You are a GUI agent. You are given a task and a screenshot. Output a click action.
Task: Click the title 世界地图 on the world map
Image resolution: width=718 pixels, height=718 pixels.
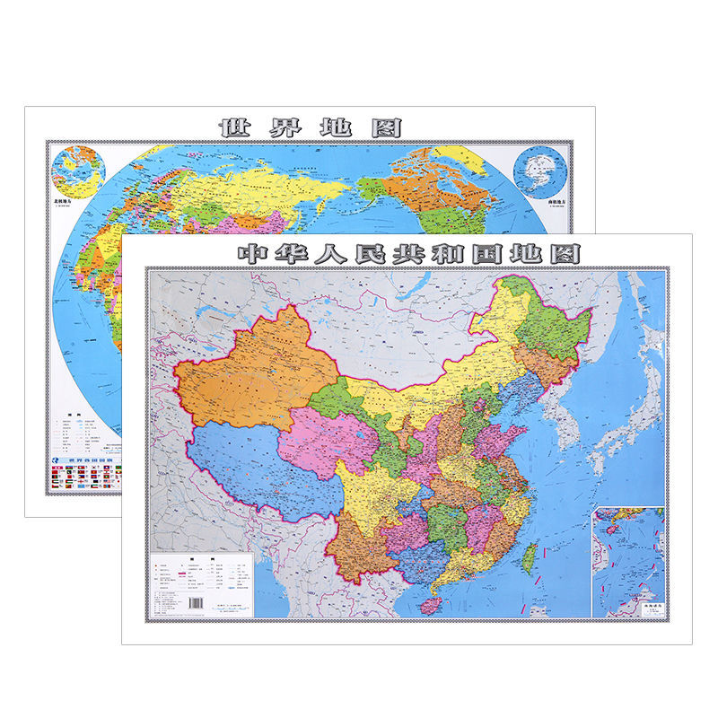pos(311,127)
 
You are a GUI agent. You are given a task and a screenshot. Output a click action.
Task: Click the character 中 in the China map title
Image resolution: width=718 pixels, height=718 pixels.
pos(252,254)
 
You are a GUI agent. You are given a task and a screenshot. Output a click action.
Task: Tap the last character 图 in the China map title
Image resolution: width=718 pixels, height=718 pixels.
pos(565,254)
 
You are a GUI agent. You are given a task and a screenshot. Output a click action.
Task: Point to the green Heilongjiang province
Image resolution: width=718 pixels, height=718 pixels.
pos(549,323)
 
